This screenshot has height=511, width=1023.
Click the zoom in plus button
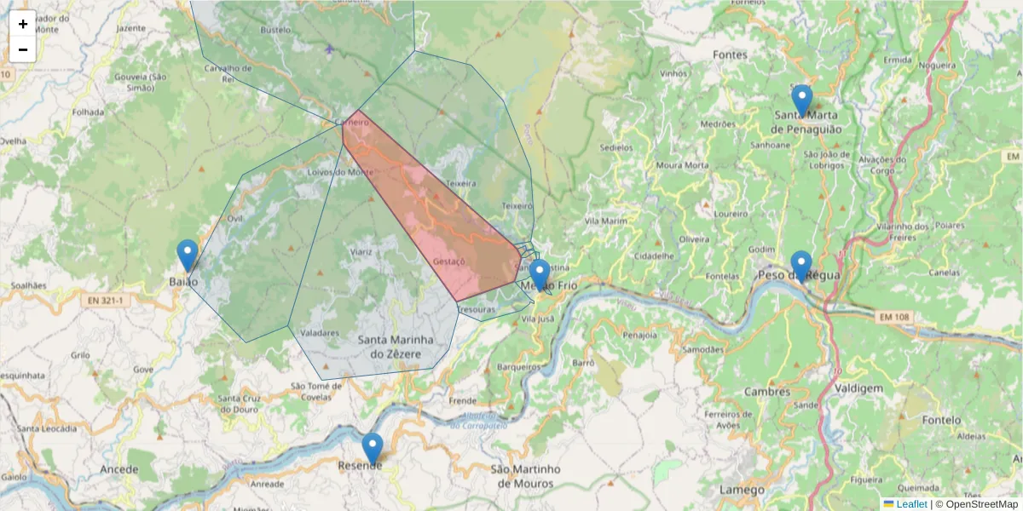coord(23,24)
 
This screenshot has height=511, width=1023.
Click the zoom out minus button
coord(23,49)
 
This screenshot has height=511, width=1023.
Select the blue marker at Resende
coord(372,448)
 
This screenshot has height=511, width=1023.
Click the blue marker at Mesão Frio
coord(539,274)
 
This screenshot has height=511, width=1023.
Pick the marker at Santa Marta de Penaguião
coord(801,100)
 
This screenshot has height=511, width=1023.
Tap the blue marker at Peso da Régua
coord(800,266)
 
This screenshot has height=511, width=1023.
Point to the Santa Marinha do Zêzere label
coord(397,347)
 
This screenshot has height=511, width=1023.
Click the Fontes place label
coord(731,55)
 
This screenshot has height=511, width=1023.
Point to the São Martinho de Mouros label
coord(526,476)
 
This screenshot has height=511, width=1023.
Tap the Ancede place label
coord(118,469)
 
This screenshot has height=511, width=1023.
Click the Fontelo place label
coord(940,420)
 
